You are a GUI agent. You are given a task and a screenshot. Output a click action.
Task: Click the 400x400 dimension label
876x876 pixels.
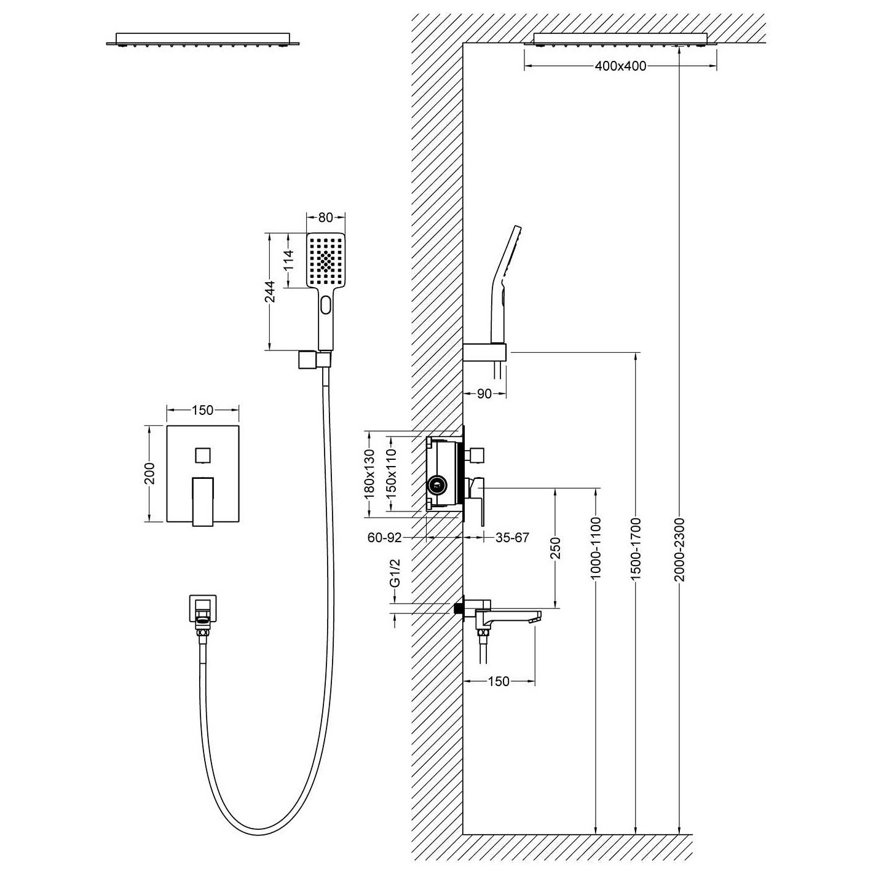tap(620, 66)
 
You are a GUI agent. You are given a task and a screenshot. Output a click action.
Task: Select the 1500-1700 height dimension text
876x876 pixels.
tap(636, 548)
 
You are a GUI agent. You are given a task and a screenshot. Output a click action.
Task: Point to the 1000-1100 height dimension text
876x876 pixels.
tap(596, 548)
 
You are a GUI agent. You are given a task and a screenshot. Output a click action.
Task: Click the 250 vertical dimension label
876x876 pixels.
tap(556, 548)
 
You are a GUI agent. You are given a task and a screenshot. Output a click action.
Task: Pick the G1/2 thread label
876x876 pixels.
tap(395, 574)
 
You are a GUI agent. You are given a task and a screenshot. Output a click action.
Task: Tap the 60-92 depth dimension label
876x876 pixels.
tap(385, 538)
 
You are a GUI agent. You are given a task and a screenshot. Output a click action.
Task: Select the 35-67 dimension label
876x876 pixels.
tap(512, 538)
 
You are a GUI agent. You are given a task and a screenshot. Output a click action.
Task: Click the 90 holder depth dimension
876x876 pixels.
tap(484, 393)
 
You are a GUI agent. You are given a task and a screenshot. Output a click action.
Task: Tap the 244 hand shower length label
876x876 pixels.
tap(270, 291)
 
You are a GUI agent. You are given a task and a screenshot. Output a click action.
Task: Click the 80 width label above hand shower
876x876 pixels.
tap(326, 217)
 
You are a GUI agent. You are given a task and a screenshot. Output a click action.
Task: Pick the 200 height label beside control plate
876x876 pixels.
tap(151, 473)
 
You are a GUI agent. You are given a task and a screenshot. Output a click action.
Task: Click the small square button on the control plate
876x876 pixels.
tap(202, 455)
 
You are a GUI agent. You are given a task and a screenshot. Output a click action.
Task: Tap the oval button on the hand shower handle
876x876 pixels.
tap(326, 304)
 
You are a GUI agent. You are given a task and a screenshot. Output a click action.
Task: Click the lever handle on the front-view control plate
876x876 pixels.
tap(202, 502)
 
